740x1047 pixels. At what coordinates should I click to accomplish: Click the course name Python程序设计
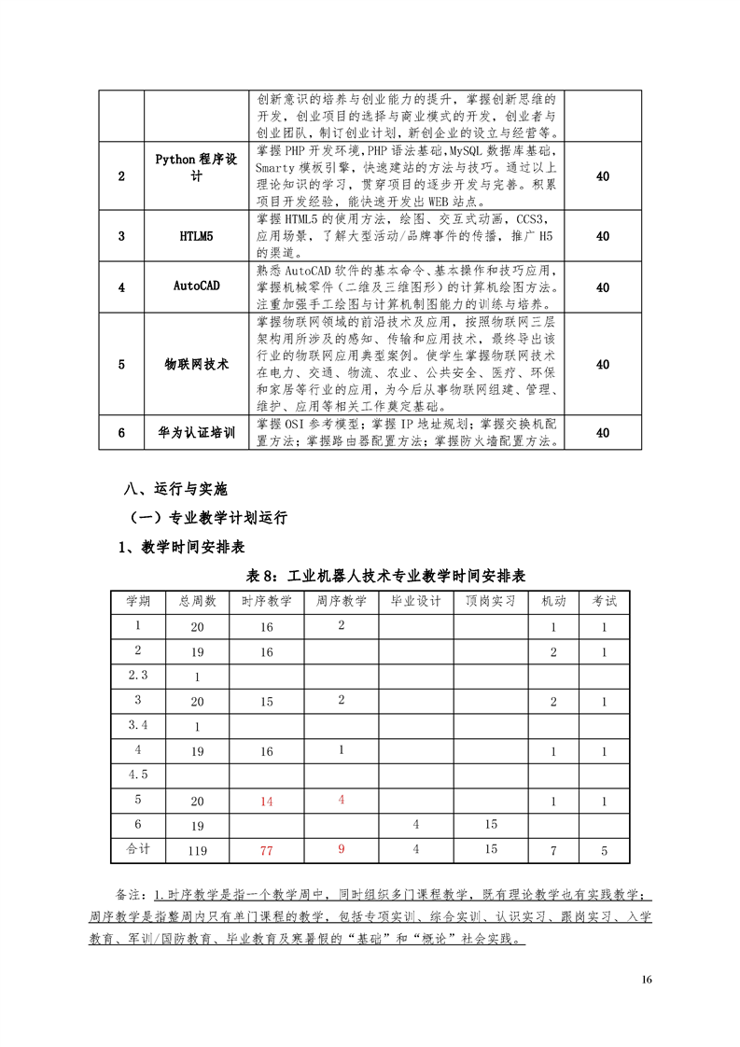(x=196, y=167)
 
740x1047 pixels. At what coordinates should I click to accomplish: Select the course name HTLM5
(x=196, y=236)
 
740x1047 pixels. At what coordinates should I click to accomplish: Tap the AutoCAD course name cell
(x=196, y=286)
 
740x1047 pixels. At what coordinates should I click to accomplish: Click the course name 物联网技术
(x=196, y=364)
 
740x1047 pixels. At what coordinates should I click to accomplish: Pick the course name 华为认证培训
(x=196, y=433)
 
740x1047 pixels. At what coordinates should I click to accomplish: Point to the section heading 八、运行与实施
(x=175, y=488)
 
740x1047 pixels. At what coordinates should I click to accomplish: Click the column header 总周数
(x=197, y=602)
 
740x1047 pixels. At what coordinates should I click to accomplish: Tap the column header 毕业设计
(x=415, y=602)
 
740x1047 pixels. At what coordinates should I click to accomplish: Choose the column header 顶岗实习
(x=490, y=602)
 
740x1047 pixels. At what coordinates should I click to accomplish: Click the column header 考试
(x=604, y=602)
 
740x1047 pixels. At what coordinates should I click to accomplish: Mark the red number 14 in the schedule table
(x=267, y=801)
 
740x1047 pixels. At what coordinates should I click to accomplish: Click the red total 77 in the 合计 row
(x=267, y=850)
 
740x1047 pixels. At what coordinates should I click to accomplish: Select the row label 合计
(x=138, y=849)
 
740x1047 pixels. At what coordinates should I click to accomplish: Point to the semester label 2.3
(x=138, y=676)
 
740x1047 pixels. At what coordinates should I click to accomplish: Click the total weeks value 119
(x=197, y=850)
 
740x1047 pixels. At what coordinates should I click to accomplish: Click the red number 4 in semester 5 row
(x=342, y=800)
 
